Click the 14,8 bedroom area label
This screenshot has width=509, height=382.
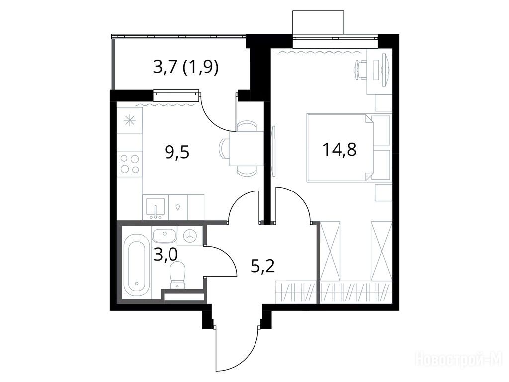[x=339, y=150]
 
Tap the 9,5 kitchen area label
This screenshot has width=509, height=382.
[x=177, y=152]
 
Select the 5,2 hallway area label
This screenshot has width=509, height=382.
[x=262, y=267]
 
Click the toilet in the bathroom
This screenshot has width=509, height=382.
[x=177, y=275]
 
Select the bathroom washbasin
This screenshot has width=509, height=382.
[x=164, y=235]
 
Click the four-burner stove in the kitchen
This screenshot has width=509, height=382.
[x=130, y=164]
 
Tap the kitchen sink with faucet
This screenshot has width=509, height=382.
[x=156, y=208]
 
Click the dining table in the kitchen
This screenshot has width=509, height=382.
[x=246, y=148]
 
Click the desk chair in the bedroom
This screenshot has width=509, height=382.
[x=360, y=70]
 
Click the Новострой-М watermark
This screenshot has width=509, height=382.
[x=459, y=361]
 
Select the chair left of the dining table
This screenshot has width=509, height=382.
[x=225, y=148]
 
